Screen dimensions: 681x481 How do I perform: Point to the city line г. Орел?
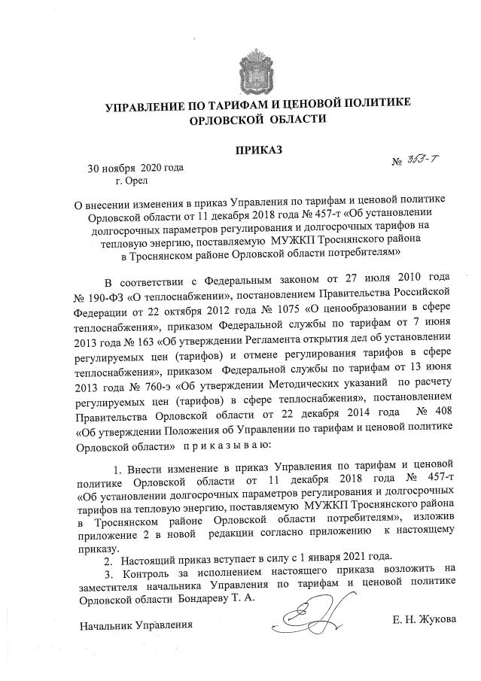pos(132,180)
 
